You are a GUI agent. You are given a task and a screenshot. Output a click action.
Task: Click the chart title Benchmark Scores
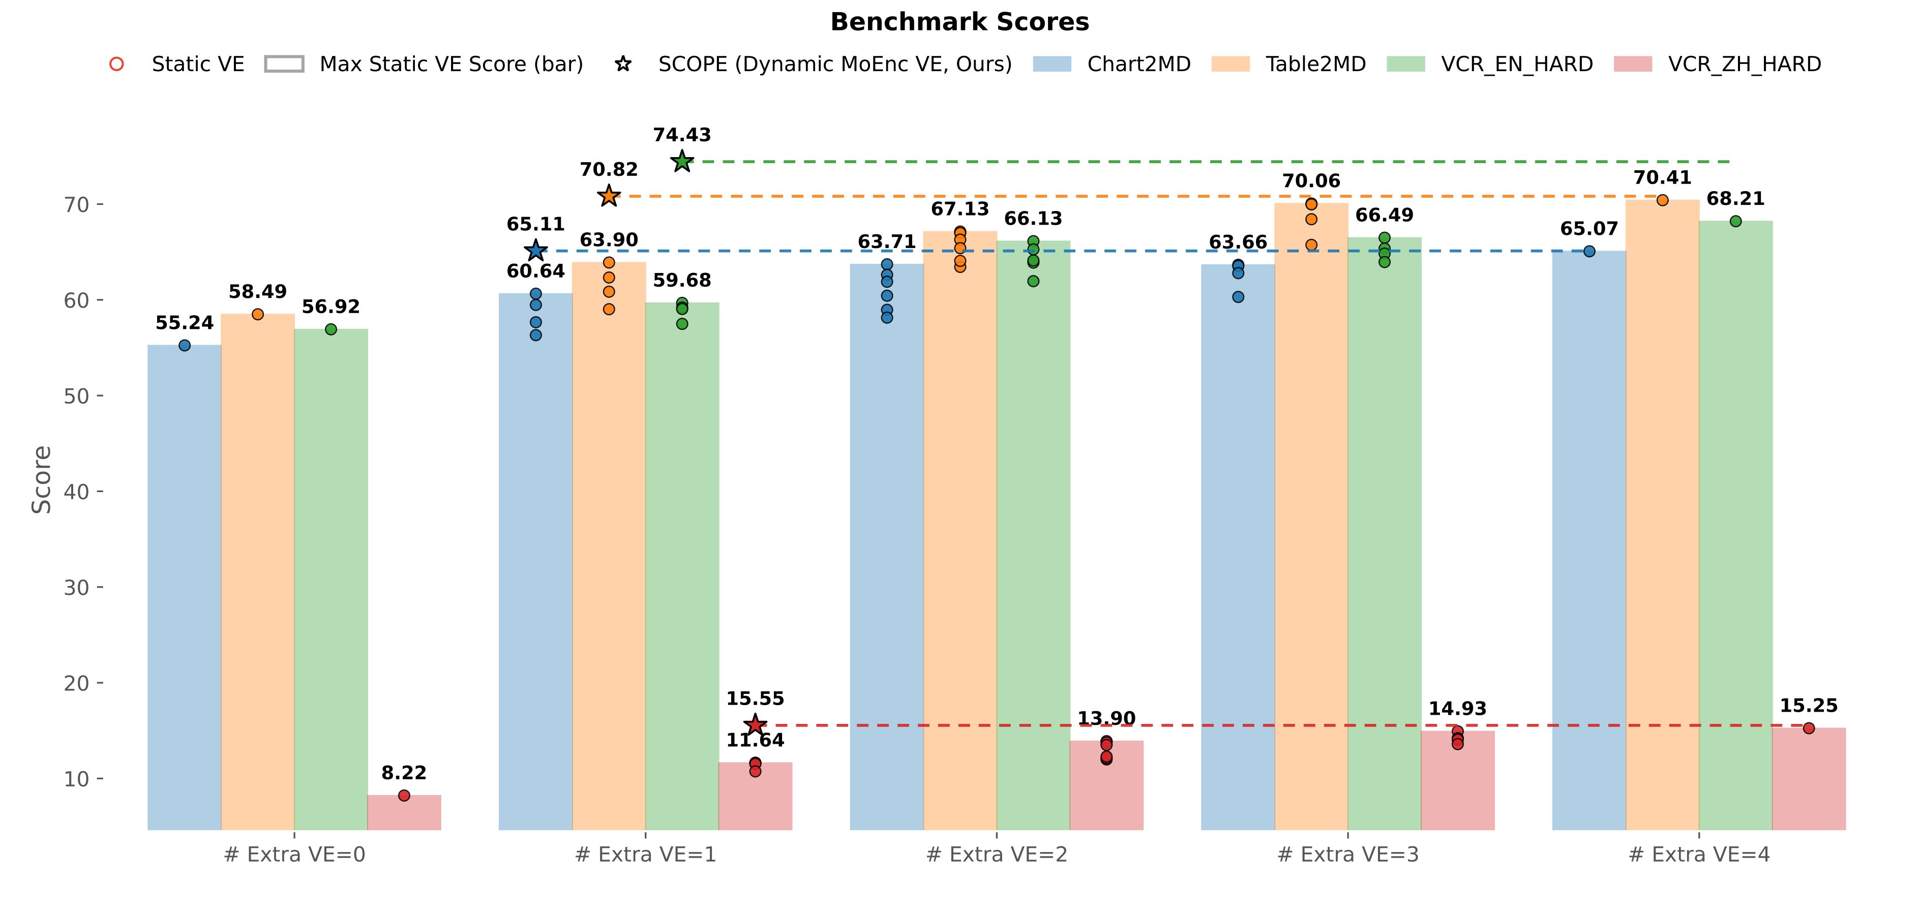(959, 22)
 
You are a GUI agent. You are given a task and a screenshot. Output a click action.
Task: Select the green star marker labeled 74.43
(682, 161)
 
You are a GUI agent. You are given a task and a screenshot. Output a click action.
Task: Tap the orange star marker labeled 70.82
(609, 196)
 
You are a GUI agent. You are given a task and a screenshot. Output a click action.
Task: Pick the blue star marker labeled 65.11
(535, 251)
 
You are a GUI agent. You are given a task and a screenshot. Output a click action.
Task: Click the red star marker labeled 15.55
(755, 724)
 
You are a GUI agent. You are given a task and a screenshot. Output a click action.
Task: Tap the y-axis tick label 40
(76, 492)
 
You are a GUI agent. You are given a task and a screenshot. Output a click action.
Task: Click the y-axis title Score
(42, 479)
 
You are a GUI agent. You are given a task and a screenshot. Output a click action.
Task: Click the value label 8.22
(404, 773)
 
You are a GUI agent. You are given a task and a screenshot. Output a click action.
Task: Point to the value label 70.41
(1662, 177)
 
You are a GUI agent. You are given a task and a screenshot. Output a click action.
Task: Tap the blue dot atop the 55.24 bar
(185, 345)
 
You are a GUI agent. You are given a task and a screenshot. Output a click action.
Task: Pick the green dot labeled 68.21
(1735, 221)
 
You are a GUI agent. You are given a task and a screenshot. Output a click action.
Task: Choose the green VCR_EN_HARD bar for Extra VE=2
(1033, 537)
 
